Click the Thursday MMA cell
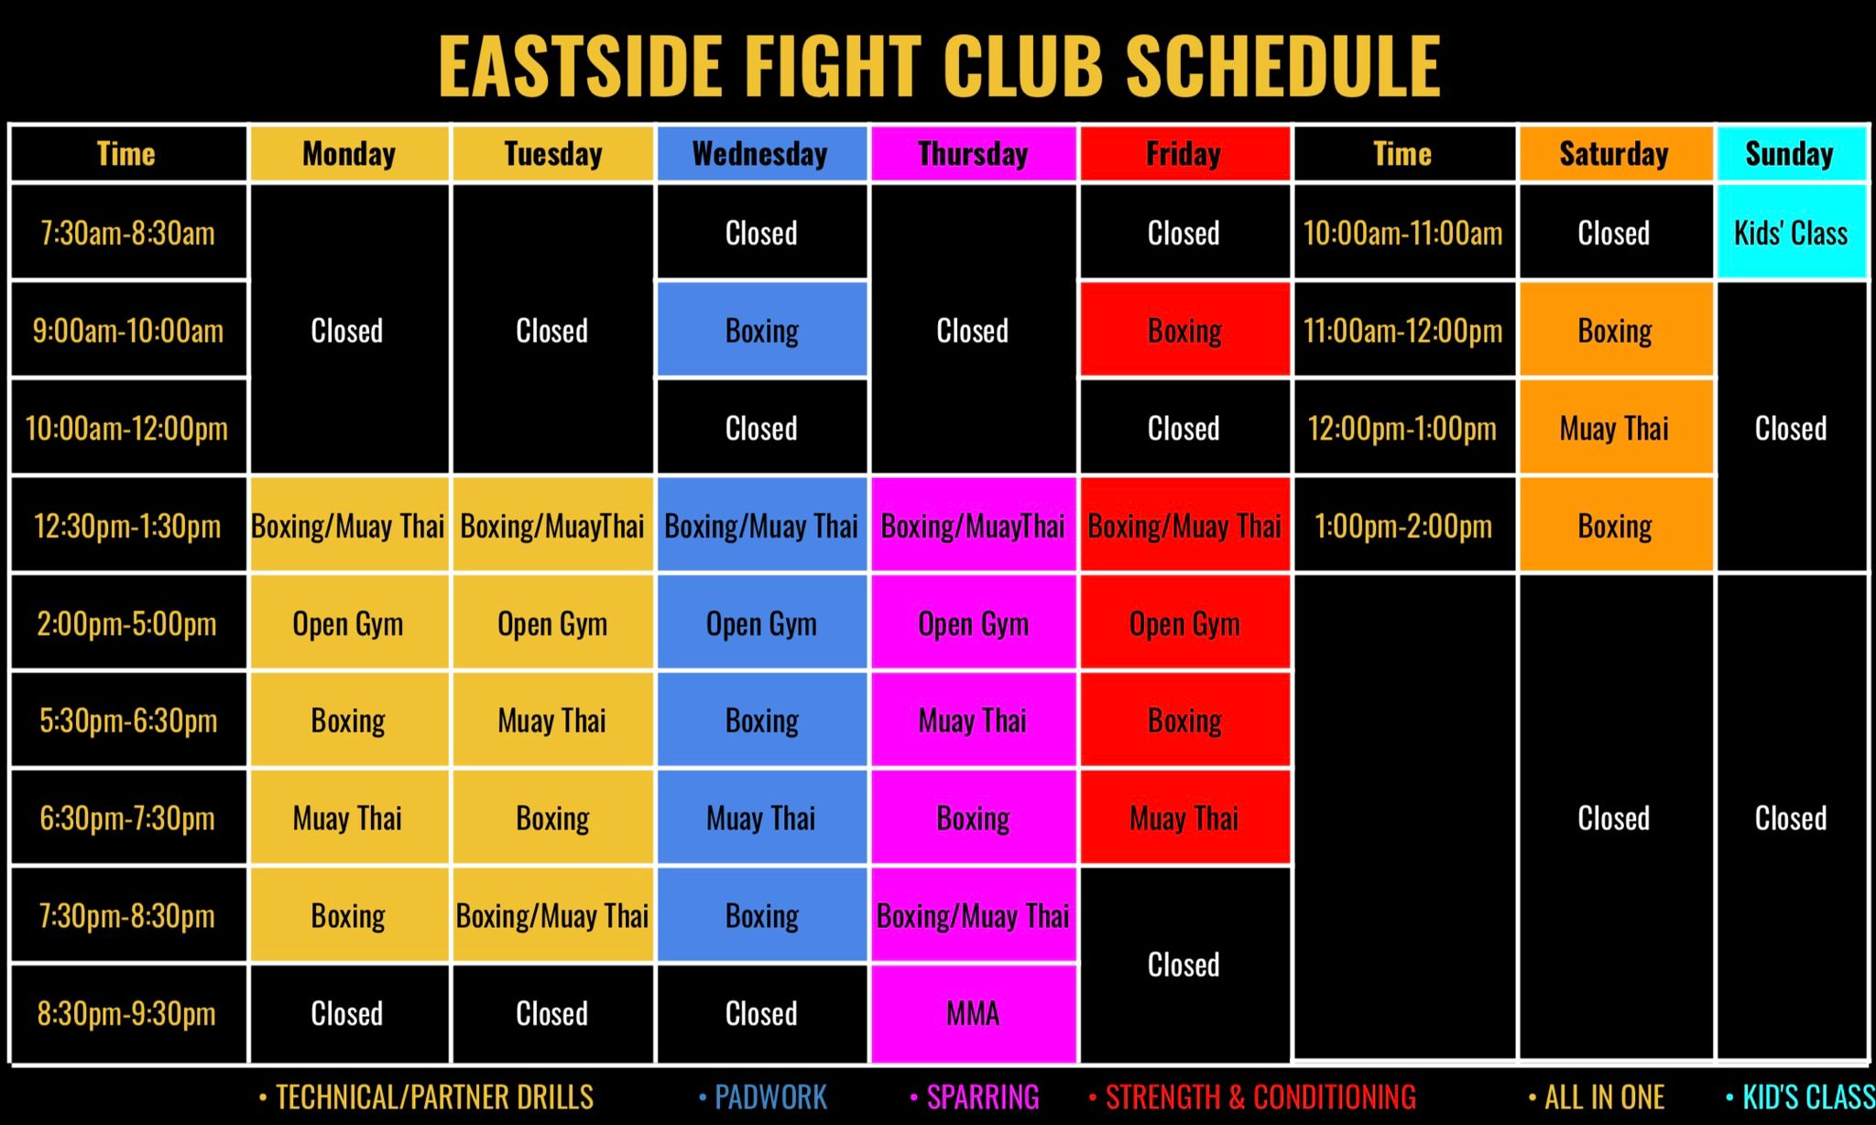(973, 1013)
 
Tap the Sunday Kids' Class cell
(1791, 233)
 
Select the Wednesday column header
(760, 154)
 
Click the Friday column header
(1183, 154)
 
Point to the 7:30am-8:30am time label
(127, 233)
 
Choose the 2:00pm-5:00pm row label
(127, 624)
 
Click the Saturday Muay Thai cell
(1614, 428)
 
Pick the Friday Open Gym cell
(1183, 624)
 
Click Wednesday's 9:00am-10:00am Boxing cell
(761, 331)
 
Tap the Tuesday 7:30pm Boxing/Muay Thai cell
(552, 915)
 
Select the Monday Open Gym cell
(347, 624)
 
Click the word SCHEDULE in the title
(1282, 66)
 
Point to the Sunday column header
(1790, 154)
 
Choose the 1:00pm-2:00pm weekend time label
(1402, 526)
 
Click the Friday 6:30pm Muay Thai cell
(1183, 818)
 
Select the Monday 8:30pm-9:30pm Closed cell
(347, 1013)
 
